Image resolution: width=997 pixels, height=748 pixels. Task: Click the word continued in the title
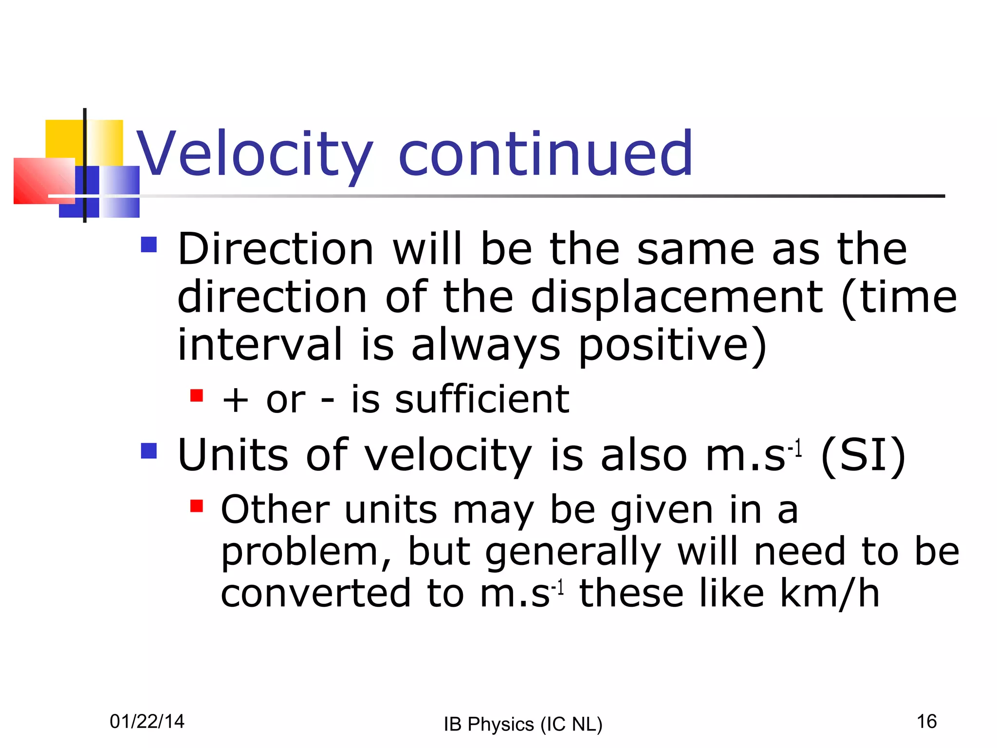pyautogui.click(x=545, y=155)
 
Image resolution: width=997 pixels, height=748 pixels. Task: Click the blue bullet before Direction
pyautogui.click(x=149, y=244)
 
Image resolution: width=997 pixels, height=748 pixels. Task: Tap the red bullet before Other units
pyautogui.click(x=197, y=506)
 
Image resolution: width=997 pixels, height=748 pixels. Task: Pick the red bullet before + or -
pyautogui.click(x=197, y=395)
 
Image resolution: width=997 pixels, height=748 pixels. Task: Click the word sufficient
pyautogui.click(x=482, y=399)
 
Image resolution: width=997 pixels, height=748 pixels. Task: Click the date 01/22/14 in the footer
pyautogui.click(x=147, y=721)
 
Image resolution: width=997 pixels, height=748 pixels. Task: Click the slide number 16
pyautogui.click(x=926, y=721)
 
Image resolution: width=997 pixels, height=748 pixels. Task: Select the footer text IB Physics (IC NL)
pyautogui.click(x=523, y=724)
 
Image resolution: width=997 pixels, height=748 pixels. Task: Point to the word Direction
pyautogui.click(x=276, y=249)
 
